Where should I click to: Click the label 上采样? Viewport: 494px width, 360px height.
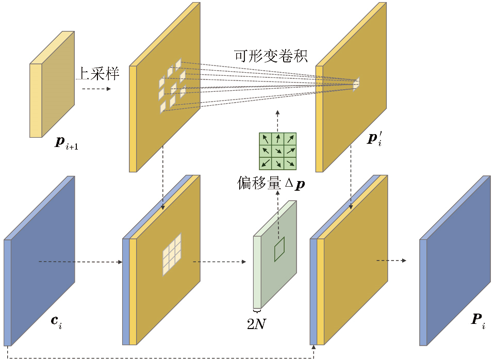pyautogui.click(x=98, y=74)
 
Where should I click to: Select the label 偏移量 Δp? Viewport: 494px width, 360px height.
pyautogui.click(x=271, y=183)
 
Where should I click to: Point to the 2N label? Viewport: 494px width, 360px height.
pyautogui.click(x=256, y=324)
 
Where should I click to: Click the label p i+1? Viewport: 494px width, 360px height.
pyautogui.click(x=66, y=143)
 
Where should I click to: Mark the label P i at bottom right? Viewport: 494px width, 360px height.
pyautogui.click(x=478, y=320)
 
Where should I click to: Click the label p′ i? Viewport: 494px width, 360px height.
pyautogui.click(x=374, y=138)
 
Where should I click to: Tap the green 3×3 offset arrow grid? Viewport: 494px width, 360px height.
pyautogui.click(x=277, y=151)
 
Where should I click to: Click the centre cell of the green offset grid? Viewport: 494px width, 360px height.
pyautogui.click(x=277, y=151)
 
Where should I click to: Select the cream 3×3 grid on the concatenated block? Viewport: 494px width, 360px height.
pyautogui.click(x=172, y=255)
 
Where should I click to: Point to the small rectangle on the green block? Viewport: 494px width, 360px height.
pyautogui.click(x=279, y=249)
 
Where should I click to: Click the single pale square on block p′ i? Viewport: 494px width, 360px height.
pyautogui.click(x=356, y=84)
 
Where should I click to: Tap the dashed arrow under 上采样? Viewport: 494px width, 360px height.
pyautogui.click(x=96, y=89)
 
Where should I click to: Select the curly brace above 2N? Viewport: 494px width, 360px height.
pyautogui.click(x=256, y=312)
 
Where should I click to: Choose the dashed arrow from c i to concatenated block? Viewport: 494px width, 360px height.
pyautogui.click(x=80, y=262)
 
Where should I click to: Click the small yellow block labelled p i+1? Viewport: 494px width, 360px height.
pyautogui.click(x=52, y=85)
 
